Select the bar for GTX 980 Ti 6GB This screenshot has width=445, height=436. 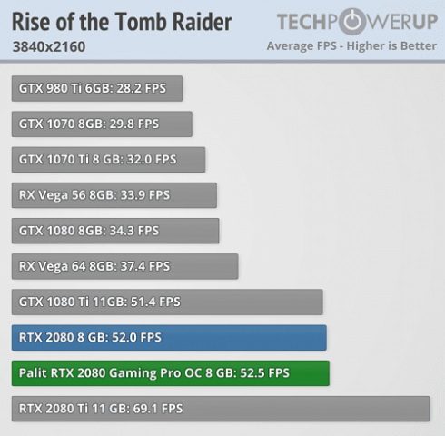point(97,88)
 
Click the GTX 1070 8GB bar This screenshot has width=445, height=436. point(102,124)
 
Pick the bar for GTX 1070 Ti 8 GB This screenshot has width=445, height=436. point(108,159)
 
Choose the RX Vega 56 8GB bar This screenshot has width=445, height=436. point(114,194)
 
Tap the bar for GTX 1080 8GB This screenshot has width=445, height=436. point(115,230)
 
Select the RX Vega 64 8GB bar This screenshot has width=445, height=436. point(124,266)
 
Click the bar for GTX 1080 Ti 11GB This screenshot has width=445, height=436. point(168,302)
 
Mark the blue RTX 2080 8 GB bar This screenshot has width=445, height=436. point(169,337)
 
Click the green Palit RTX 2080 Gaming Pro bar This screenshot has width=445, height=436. point(171,372)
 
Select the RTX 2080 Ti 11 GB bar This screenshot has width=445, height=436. point(221,409)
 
